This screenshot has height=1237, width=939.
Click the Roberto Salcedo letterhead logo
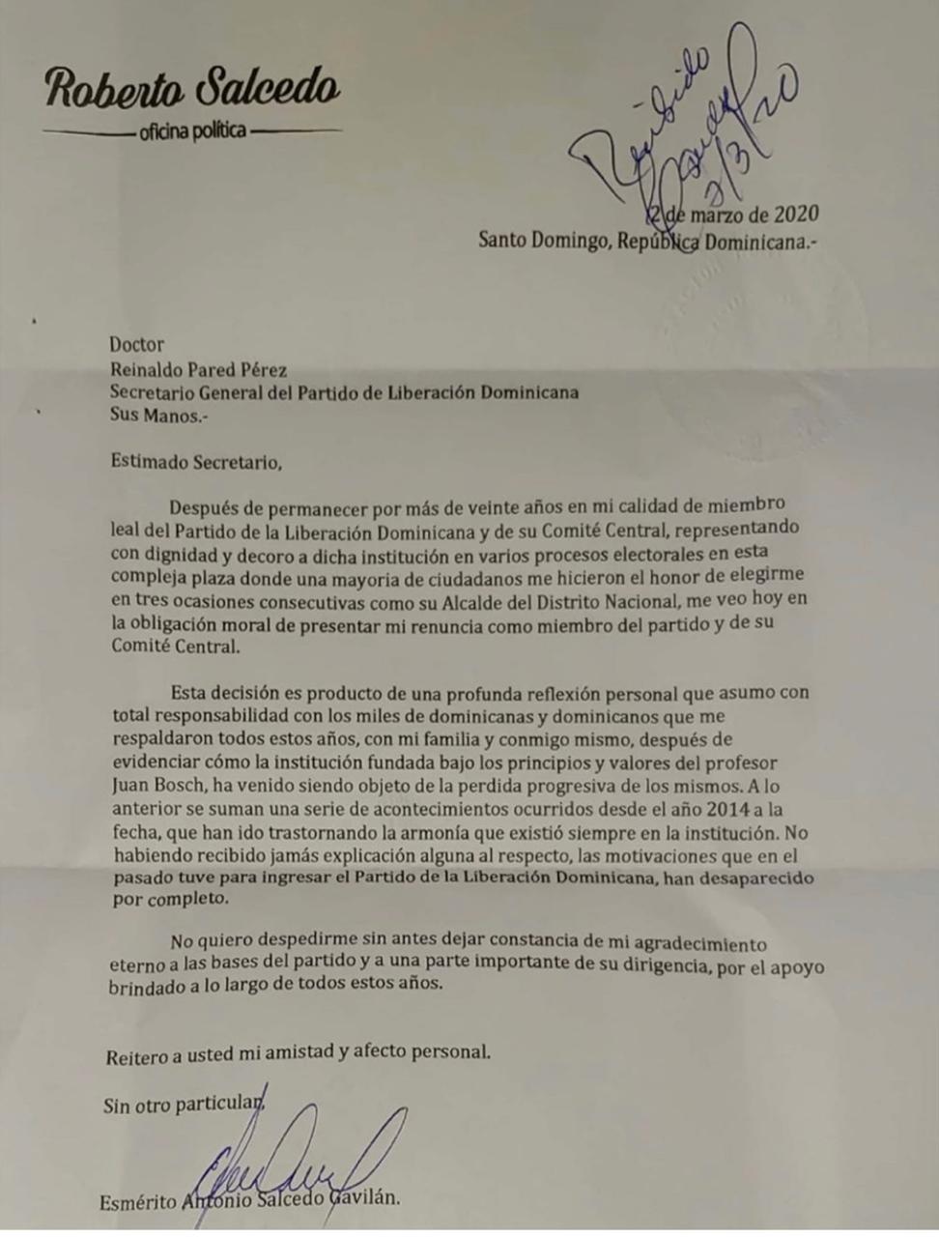click(192, 88)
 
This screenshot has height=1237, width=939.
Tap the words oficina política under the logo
click(192, 130)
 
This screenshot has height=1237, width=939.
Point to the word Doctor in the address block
click(136, 345)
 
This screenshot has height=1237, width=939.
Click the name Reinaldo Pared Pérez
click(198, 369)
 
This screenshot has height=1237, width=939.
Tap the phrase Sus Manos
click(157, 417)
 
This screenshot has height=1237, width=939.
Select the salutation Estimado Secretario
click(196, 462)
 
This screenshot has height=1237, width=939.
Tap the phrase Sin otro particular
click(184, 1104)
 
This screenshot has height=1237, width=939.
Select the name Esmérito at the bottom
click(138, 1202)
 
